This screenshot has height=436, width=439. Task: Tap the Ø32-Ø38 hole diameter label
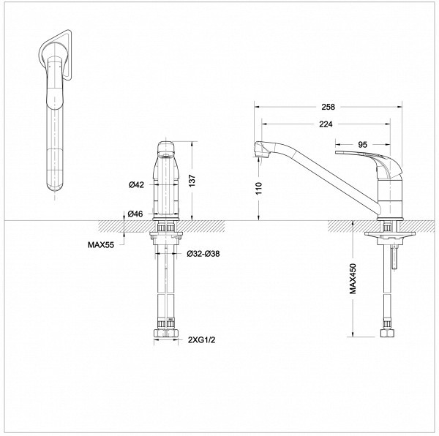[x=202, y=254]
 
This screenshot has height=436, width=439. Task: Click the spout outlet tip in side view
[x=258, y=152]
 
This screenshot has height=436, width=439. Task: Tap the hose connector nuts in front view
[x=168, y=335]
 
